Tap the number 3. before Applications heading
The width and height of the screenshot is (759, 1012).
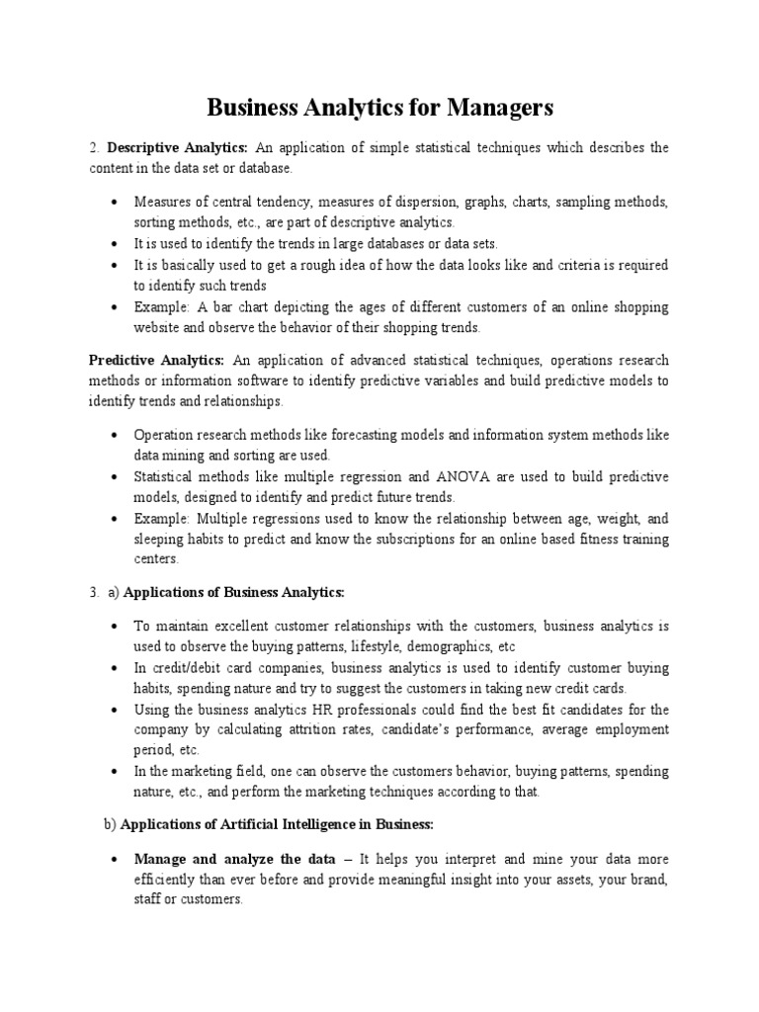point(94,592)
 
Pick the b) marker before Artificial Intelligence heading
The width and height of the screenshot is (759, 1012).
point(110,823)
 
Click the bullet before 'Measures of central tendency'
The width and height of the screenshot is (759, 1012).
point(116,202)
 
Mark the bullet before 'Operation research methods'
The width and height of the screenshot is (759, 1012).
point(116,435)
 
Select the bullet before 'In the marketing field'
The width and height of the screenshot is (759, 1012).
point(116,771)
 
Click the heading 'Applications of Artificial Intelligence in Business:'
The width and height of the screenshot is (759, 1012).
point(279,823)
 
